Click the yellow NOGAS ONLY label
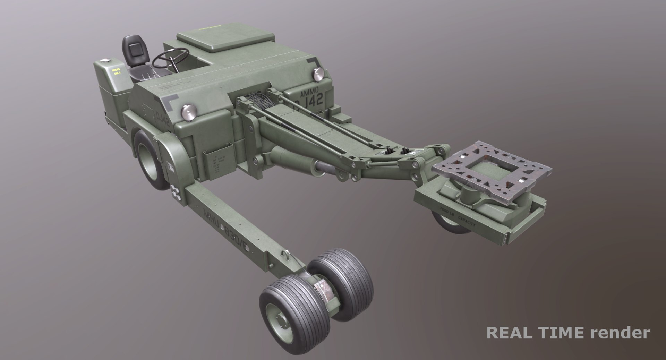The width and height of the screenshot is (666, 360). click(x=116, y=72)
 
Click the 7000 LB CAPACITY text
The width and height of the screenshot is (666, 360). click(x=458, y=215)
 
